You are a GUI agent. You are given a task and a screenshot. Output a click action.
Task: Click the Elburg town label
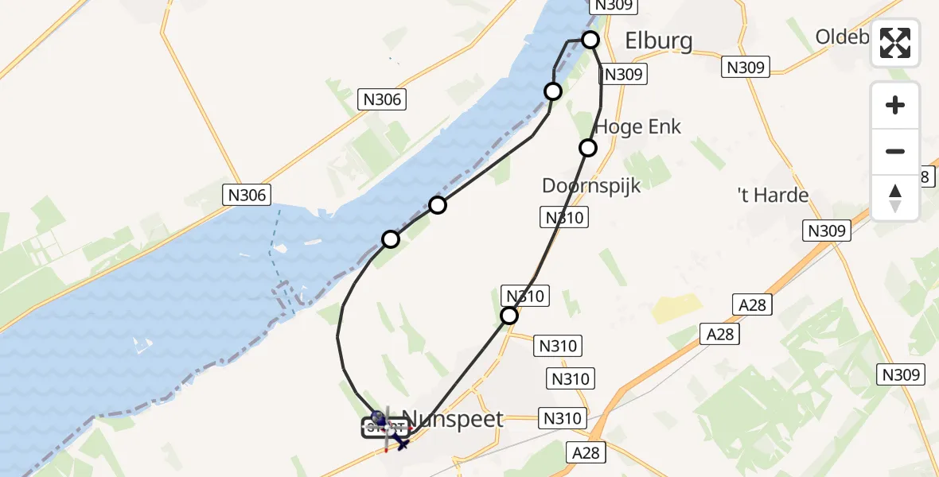658,41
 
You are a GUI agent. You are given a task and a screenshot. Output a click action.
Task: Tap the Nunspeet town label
452,419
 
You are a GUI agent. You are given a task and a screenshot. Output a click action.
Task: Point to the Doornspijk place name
590,185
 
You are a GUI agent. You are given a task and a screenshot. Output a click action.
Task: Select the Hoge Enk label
638,126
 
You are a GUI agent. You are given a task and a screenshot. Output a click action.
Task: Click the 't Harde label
773,196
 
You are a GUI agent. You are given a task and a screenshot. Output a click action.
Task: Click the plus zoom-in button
895,105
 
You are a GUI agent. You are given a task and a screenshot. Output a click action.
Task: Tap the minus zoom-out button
895,151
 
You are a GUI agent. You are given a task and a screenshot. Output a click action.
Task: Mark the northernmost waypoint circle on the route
590,40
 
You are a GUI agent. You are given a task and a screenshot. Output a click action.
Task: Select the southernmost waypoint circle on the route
508,316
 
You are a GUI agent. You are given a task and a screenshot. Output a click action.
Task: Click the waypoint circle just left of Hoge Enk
588,147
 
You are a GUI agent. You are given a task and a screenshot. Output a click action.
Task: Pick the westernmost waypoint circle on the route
391,238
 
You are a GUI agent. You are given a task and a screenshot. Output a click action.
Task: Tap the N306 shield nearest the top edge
383,99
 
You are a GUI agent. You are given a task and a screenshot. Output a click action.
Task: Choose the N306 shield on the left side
247,195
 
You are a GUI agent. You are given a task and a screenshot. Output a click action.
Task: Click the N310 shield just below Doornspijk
564,217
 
